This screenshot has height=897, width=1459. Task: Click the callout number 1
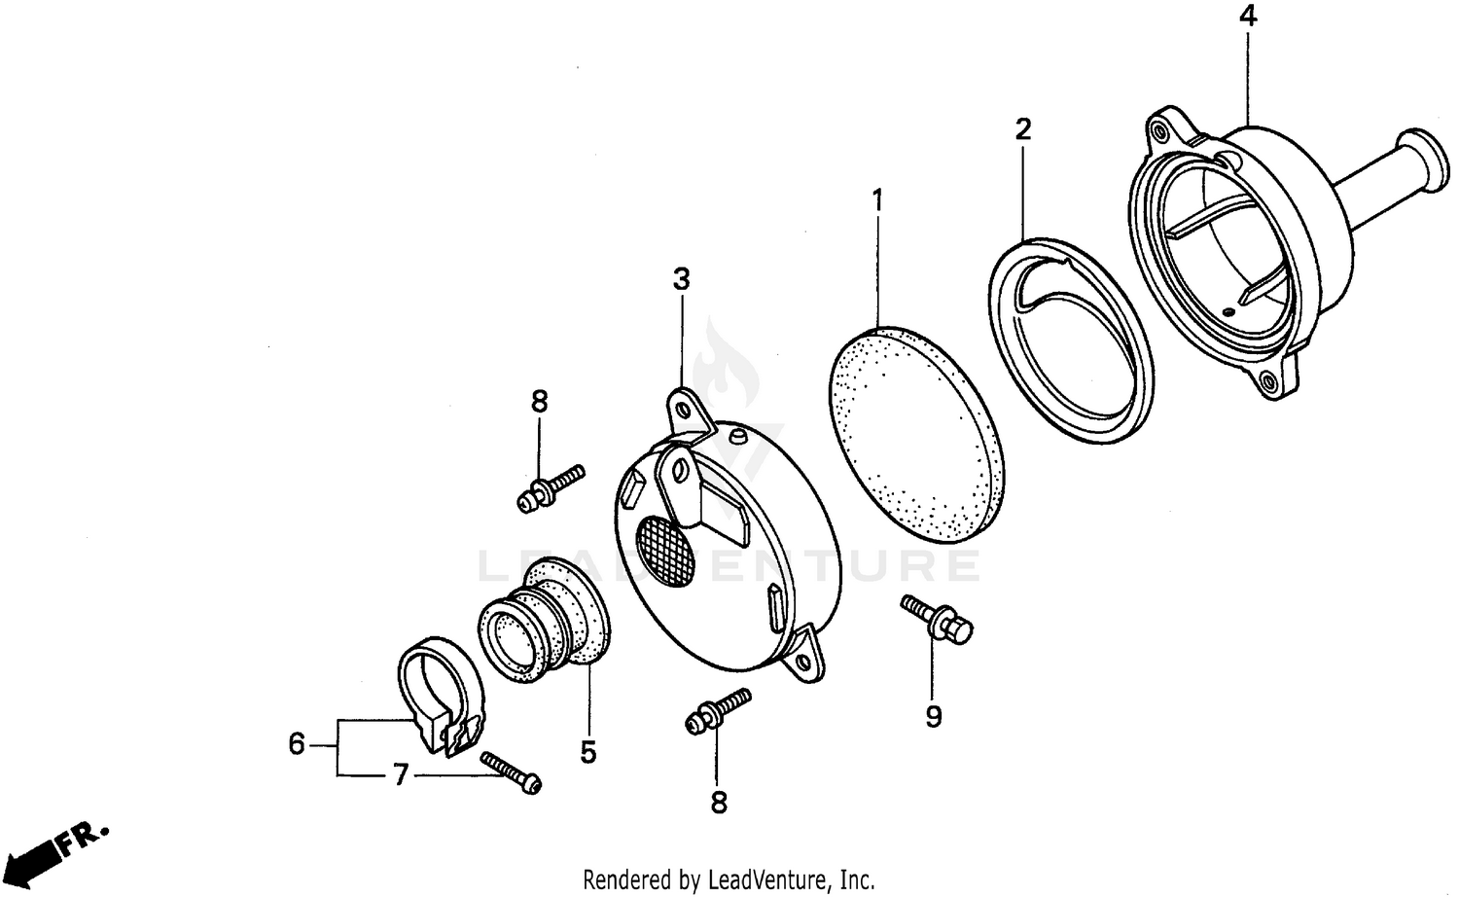[x=877, y=202]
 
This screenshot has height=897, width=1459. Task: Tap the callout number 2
[x=1022, y=129]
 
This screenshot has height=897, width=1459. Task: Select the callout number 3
[x=681, y=279]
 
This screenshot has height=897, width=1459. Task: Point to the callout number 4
[x=1248, y=17]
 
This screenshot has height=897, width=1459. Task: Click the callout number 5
[x=588, y=752]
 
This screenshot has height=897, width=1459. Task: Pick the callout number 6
[x=298, y=745]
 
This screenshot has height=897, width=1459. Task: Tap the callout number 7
[x=400, y=775]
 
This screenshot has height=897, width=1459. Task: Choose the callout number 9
[x=933, y=717]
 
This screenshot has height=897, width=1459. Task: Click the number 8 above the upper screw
[x=539, y=401]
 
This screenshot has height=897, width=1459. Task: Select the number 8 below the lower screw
[x=718, y=802]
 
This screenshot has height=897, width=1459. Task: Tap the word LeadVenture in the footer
[x=764, y=880]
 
